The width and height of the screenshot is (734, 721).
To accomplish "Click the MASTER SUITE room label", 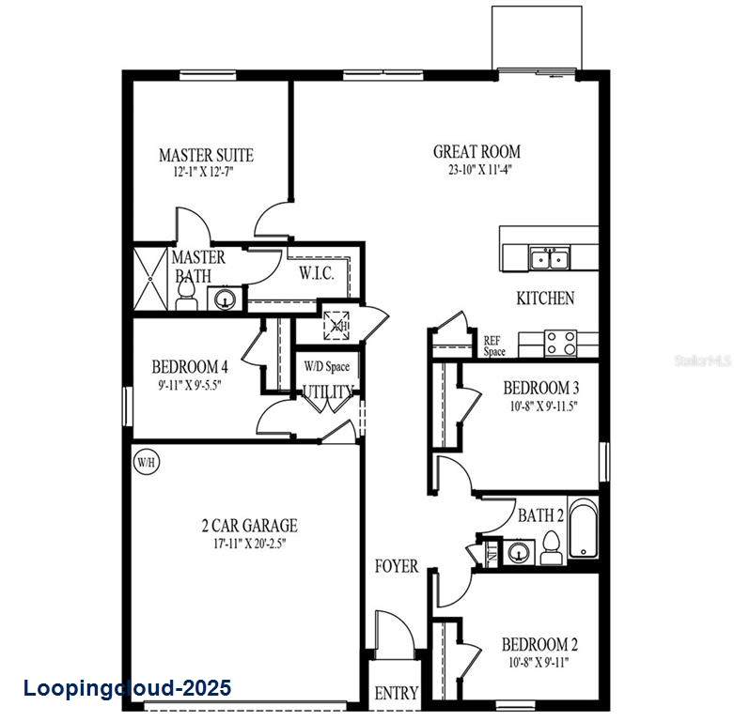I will click(206, 155).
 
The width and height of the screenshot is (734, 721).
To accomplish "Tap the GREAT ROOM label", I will click(476, 151).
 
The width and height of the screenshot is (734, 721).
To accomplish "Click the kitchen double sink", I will click(549, 257).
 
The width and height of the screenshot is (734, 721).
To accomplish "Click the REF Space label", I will click(494, 346).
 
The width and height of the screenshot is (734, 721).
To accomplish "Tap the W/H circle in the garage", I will click(145, 462).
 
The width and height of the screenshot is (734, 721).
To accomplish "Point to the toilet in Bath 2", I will click(551, 547).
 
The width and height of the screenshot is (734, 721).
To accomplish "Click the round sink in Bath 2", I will click(518, 552).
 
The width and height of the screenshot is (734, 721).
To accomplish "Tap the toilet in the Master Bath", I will click(186, 298).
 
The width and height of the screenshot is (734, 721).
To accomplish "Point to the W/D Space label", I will click(326, 365).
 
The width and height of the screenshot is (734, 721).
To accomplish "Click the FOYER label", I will click(397, 566).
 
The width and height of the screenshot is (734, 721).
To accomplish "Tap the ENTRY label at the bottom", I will click(396, 694).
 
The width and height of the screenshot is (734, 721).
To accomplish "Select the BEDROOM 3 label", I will click(539, 388).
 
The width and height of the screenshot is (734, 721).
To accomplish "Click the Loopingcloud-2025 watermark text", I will click(127, 689).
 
